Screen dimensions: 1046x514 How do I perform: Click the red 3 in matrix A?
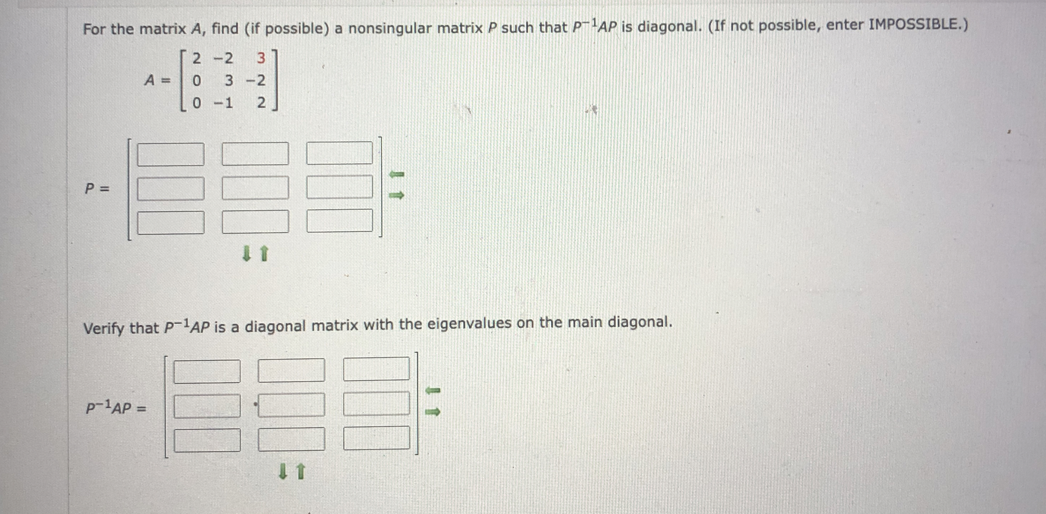pos(261,59)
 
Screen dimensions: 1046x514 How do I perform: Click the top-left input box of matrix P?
pos(171,154)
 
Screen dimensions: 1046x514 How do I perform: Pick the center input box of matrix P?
pos(255,188)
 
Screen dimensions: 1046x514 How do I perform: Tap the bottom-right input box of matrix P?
pos(340,221)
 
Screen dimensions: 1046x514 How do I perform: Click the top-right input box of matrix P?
pos(340,153)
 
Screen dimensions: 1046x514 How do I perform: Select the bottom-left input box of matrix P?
pos(171,223)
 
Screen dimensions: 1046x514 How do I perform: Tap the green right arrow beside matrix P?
pos(397,196)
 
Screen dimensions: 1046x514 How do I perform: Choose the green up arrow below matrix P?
pos(264,253)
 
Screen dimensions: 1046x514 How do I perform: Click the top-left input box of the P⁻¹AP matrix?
pos(207,372)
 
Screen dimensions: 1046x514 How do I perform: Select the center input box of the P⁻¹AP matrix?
pos(291,405)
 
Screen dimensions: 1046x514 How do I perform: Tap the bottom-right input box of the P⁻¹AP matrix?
pos(376,438)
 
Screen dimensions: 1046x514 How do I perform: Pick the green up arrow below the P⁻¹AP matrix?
pos(300,472)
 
